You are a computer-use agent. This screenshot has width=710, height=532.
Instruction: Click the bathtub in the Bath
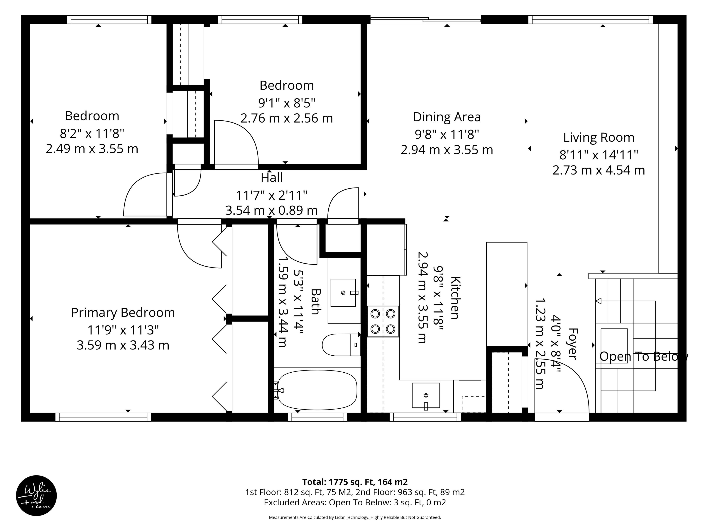pos(317,390)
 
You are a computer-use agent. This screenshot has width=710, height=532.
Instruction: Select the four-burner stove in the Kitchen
pos(383,321)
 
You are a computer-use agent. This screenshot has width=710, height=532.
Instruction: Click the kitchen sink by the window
pos(426,395)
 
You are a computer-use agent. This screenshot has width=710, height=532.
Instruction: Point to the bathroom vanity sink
pos(343,292)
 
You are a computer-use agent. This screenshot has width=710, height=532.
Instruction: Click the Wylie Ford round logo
pos(36,495)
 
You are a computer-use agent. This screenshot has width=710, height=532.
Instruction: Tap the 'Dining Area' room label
pos(447,117)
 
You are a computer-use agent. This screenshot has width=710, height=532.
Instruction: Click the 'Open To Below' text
pos(644,356)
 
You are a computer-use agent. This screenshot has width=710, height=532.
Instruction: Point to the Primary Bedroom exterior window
pos(103,417)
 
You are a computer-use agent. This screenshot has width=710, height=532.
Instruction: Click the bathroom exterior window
pos(317,417)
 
